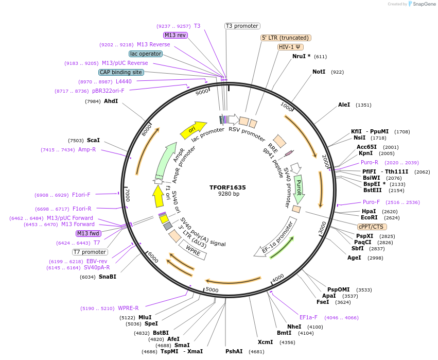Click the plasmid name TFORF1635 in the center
(227, 187)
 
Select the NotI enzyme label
(319, 72)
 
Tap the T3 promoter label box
(242, 26)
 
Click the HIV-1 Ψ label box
(290, 47)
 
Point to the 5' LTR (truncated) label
(286, 38)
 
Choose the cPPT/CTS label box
(372, 227)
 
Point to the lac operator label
(146, 54)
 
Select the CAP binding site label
(121, 73)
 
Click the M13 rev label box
(175, 35)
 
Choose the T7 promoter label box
(90, 252)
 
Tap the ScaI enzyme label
(93, 140)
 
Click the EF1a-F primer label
(308, 317)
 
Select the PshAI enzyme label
(234, 351)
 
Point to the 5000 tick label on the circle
(212, 289)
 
